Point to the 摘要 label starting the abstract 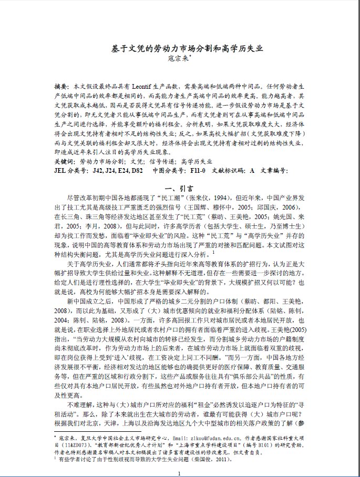(61, 85)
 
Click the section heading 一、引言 (180, 188)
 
